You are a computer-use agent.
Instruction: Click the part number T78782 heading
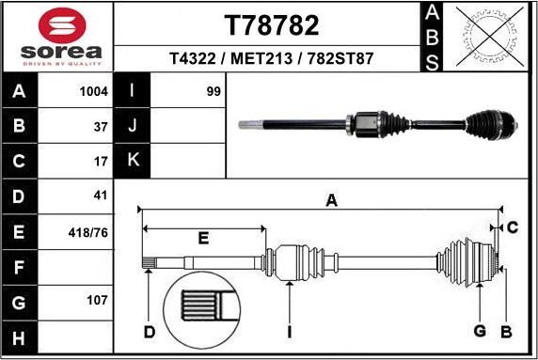coord(271,24)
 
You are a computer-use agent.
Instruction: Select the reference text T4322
coord(192,58)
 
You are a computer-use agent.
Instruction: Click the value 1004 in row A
coord(94,92)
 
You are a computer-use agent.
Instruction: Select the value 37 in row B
coord(102,125)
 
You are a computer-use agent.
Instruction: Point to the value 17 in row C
coord(102,161)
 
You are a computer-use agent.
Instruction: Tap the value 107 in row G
coord(98,302)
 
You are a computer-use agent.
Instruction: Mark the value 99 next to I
coord(213,92)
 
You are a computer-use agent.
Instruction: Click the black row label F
coord(20,267)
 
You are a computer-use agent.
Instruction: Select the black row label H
coord(20,337)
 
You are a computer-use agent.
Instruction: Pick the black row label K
coord(133,161)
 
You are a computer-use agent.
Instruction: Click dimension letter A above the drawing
coord(331,199)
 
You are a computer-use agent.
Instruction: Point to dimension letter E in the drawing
coord(203,239)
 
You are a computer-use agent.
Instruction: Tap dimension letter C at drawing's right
coord(513,227)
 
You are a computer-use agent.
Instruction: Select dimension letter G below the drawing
coord(480,330)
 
